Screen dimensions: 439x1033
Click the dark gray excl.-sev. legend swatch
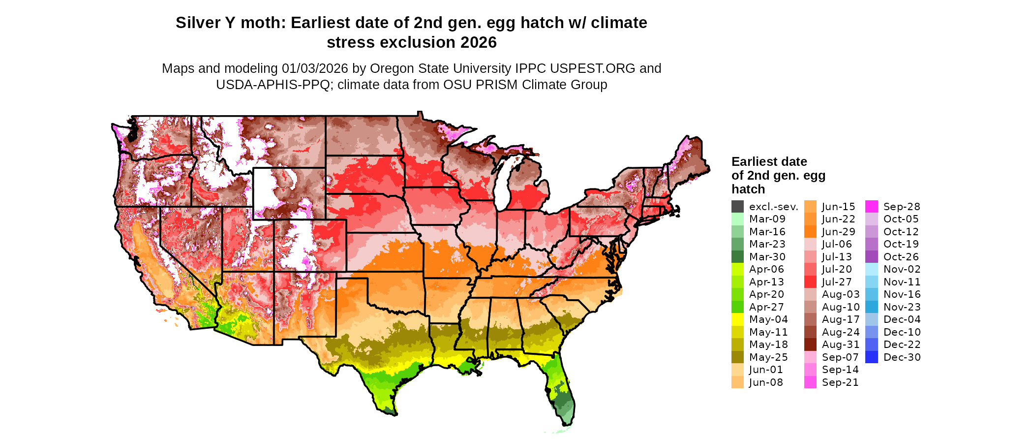pos(737,207)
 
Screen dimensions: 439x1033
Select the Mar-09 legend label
pos(767,219)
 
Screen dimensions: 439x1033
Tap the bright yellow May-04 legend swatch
pos(737,319)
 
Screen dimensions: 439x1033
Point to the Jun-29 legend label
pos(838,232)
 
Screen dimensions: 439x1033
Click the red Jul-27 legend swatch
pos(810,282)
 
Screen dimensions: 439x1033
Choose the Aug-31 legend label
pos(840,345)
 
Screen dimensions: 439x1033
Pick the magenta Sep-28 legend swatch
pos(871,207)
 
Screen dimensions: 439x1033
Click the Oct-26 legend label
pos(901,257)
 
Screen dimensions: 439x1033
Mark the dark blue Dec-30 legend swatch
pos(871,357)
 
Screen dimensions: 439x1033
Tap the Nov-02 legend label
pos(902,269)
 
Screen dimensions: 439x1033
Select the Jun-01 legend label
pos(765,370)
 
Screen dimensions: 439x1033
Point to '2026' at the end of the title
pos(479,42)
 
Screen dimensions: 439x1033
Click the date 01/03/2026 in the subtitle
pos(315,68)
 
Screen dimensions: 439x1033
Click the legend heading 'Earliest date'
pos(769,161)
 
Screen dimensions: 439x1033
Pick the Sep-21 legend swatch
pos(810,382)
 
